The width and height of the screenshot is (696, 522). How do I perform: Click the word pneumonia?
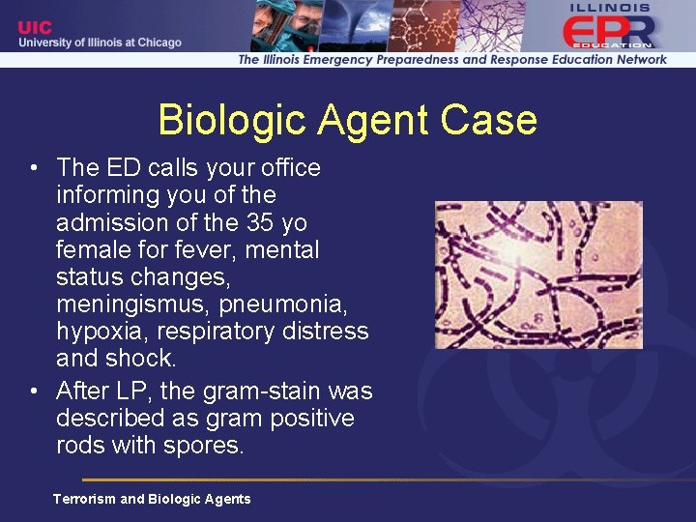pos(294,304)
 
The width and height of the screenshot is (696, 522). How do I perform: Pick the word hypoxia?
pos(105,332)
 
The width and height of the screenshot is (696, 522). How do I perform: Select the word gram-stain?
pos(253,391)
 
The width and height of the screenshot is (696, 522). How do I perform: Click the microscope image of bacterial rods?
pos(538,275)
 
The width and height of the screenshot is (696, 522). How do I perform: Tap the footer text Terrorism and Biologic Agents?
pos(152,499)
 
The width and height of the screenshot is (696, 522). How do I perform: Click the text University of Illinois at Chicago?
pos(101,43)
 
